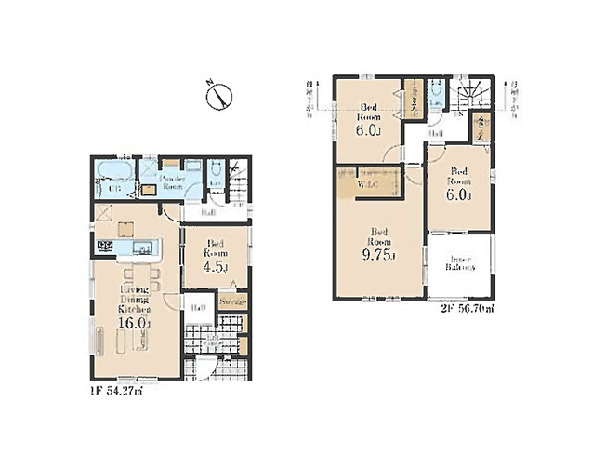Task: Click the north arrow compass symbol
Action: [x=219, y=96]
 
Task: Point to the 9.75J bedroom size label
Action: [x=381, y=256]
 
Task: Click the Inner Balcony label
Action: [x=459, y=263]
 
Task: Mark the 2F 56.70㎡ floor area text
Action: [x=461, y=308]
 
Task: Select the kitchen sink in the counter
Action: [x=145, y=248]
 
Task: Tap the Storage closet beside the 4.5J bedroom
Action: [x=233, y=301]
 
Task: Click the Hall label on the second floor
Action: [x=435, y=136]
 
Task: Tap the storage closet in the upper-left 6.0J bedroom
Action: [x=413, y=103]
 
